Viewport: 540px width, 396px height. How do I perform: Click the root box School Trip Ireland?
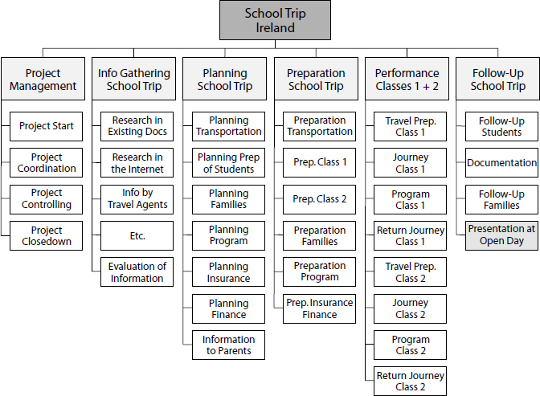[275, 20]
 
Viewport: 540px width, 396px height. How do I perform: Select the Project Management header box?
[44, 80]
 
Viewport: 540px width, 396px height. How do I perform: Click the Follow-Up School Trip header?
[498, 80]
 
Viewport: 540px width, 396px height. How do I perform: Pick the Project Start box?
[47, 126]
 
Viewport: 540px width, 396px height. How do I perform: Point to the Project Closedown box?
[47, 235]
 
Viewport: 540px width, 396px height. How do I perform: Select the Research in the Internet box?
[137, 163]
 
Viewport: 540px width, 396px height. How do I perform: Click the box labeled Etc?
[137, 236]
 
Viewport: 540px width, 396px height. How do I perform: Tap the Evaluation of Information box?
[137, 272]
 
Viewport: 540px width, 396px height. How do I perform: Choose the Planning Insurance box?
[229, 272]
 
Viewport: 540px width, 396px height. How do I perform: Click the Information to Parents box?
[229, 345]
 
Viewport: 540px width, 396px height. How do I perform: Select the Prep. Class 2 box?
[320, 199]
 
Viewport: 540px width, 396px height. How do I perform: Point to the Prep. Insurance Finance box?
[320, 309]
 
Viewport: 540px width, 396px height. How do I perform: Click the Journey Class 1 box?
[411, 163]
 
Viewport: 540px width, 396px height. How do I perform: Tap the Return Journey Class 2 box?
[411, 382]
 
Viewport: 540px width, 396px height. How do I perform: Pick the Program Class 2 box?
[411, 345]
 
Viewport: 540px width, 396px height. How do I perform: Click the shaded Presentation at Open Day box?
[501, 236]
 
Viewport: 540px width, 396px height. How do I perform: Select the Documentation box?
[501, 163]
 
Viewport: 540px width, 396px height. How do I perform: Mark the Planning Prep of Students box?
[229, 163]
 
